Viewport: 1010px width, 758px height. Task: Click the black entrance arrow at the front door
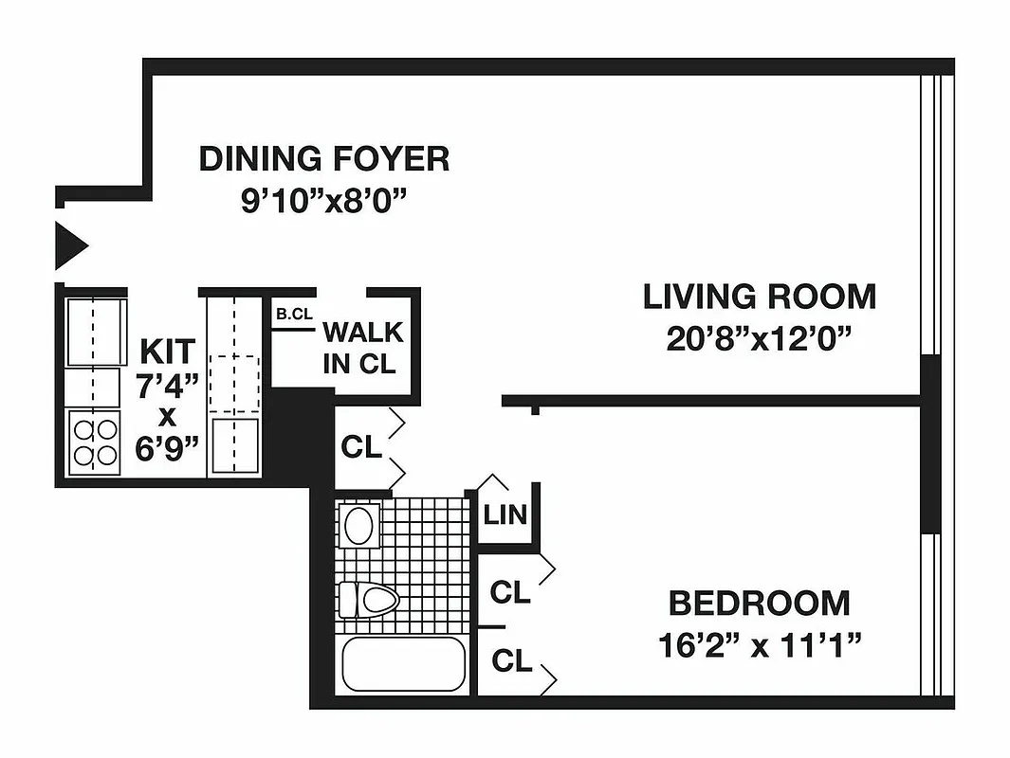click(x=69, y=245)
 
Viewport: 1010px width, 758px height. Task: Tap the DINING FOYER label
click(x=323, y=159)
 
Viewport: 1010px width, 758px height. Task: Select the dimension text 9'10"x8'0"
click(x=323, y=203)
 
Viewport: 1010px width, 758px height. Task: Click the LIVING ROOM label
click(x=759, y=297)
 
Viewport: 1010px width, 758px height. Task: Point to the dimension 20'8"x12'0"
click(x=759, y=339)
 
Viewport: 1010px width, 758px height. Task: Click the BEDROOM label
click(x=759, y=603)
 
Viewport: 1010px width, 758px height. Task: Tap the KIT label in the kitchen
click(x=168, y=351)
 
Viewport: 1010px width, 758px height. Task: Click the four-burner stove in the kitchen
click(x=95, y=442)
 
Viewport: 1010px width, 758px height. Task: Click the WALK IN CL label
click(x=362, y=348)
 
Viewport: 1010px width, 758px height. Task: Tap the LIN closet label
click(x=505, y=516)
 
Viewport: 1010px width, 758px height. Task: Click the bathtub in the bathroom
click(x=403, y=664)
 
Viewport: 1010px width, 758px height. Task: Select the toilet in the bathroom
click(x=369, y=600)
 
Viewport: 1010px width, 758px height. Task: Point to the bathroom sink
click(x=359, y=526)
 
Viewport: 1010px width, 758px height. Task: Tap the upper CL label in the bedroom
click(x=510, y=593)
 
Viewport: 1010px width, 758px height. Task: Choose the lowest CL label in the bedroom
click(x=510, y=661)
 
